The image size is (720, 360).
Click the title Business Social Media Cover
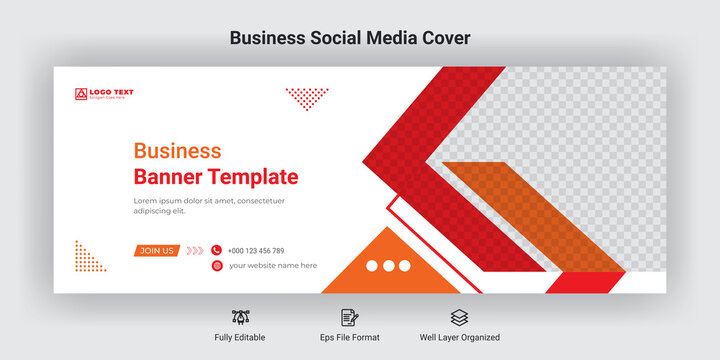pos(349,38)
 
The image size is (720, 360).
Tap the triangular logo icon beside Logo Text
pos(81,94)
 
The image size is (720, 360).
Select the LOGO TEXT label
pos(111,93)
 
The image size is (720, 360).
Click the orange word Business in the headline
pos(177,152)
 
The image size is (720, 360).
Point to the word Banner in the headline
pos(168,178)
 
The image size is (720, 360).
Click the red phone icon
pos(216,250)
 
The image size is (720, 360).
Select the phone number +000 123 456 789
pos(256,251)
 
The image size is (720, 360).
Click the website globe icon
pos(216,266)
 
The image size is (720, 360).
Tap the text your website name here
pos(273,266)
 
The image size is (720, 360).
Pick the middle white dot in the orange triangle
pos(388,266)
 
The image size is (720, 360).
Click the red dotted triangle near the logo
pos(306,97)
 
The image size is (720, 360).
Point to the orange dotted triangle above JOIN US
pos(87,257)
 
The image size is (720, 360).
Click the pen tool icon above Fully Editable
pos(240,317)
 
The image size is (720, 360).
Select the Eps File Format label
pos(349,338)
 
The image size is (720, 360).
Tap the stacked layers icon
pos(458,317)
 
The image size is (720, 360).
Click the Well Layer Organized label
pos(460,338)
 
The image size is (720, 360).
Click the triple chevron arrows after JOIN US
pos(195,251)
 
